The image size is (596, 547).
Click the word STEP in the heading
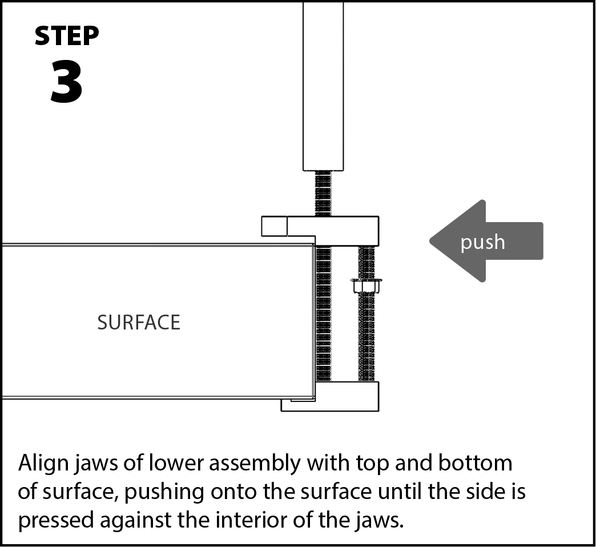[67, 37]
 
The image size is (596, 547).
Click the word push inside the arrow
[482, 242]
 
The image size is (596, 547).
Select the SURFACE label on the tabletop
[139, 323]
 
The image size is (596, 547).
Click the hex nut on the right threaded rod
[367, 285]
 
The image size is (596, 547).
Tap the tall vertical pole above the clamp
[323, 86]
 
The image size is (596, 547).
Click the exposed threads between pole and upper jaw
[323, 194]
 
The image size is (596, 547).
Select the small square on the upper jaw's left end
[274, 226]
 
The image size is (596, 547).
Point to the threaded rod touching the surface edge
[324, 314]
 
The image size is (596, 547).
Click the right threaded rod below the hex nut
[367, 337]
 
